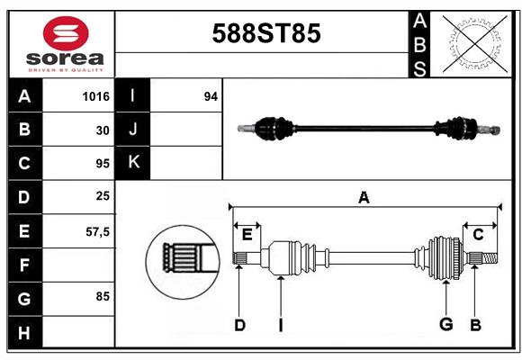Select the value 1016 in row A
point(95,96)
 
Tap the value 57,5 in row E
point(97,231)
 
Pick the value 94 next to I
point(211,96)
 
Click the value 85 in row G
point(103,295)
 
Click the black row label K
point(133,163)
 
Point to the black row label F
point(24,265)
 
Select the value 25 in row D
point(103,196)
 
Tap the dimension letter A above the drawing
point(364,198)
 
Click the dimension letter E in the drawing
point(247,235)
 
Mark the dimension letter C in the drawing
point(478,235)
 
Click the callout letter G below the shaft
point(445,324)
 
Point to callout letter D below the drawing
point(239,325)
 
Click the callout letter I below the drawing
point(280,325)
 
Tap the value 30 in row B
point(103,130)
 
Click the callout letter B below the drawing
point(475,324)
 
